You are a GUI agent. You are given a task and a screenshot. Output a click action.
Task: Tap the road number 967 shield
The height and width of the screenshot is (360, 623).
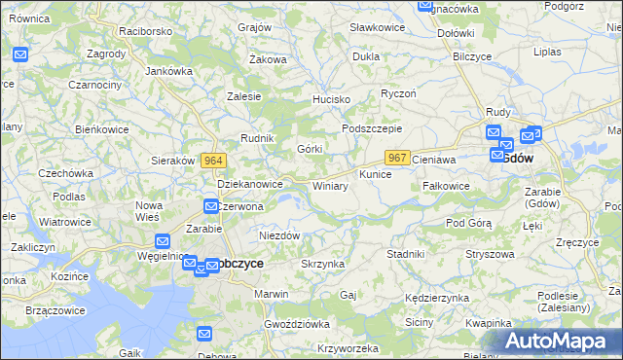coord(396,157)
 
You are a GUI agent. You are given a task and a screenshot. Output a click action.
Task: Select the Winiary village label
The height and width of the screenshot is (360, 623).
coord(330,186)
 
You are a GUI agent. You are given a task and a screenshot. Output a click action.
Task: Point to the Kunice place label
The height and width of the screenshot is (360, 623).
coord(376,174)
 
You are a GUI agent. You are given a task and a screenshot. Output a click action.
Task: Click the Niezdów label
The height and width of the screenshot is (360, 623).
coord(278,235)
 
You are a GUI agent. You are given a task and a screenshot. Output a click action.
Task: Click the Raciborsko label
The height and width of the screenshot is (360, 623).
coord(146,31)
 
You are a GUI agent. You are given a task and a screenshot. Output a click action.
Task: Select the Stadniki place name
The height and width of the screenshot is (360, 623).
coord(405,254)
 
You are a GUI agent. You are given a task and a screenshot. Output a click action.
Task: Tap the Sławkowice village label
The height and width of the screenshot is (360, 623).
coord(377,28)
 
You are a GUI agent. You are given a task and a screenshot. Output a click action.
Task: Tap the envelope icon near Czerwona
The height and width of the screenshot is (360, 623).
coord(211,205)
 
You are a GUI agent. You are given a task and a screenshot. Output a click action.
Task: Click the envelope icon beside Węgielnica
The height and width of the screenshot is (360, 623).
coord(163,241)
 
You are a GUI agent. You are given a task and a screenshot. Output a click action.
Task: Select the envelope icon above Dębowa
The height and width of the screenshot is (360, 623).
coord(204,334)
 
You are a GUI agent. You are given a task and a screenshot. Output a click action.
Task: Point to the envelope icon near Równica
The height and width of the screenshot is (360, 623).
coord(21,54)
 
